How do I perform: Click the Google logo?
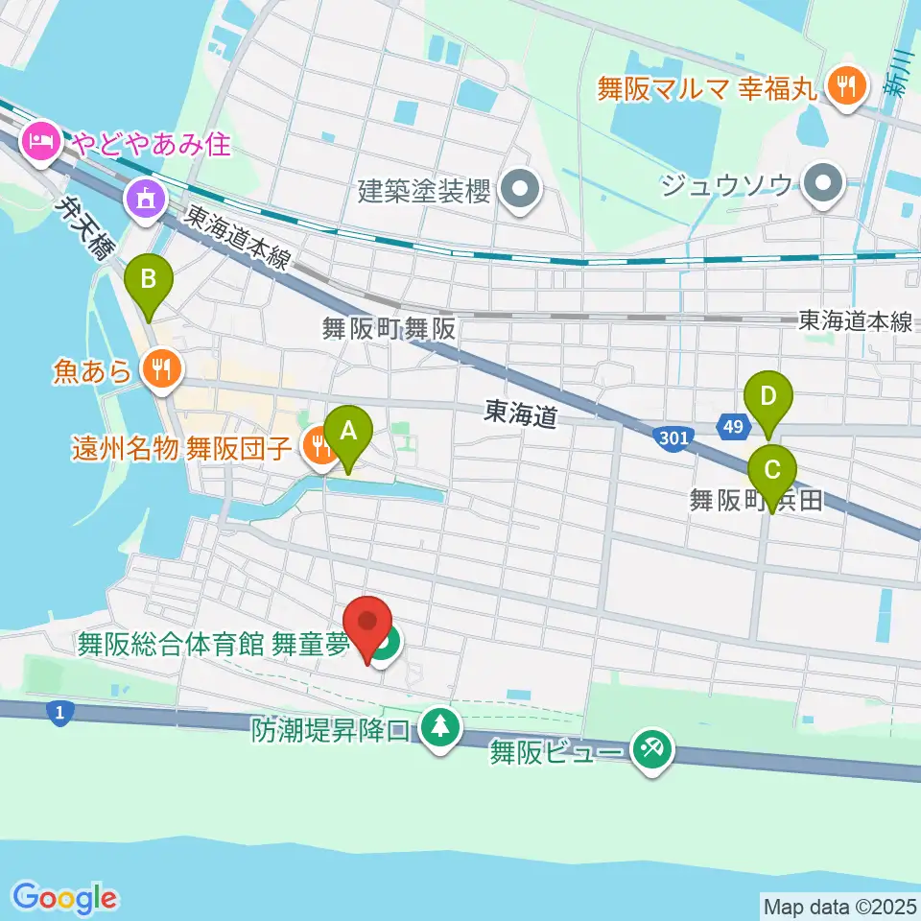65,898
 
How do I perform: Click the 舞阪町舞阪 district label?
389,329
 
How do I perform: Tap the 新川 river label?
899,75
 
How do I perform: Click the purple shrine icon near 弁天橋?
145,200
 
